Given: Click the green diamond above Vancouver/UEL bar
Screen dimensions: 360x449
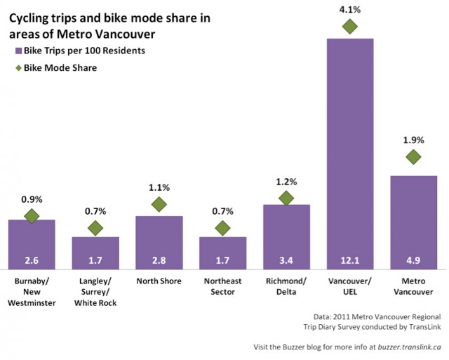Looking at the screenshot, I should pyautogui.click(x=349, y=27).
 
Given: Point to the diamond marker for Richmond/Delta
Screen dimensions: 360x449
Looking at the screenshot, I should pyautogui.click(x=286, y=199).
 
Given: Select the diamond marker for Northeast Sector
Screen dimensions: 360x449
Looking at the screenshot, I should pyautogui.click(x=222, y=228).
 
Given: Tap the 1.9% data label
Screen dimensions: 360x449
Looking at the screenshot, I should pyautogui.click(x=413, y=140).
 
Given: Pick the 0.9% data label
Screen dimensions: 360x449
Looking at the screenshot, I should pyautogui.click(x=31, y=199).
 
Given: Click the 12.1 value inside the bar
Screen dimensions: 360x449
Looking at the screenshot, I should pyautogui.click(x=349, y=261).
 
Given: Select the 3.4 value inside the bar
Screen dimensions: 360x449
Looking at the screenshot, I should pyautogui.click(x=286, y=261).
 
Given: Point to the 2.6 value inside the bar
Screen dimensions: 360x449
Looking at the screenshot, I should pyautogui.click(x=31, y=261).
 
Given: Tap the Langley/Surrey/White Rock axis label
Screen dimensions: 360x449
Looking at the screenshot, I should pyautogui.click(x=95, y=291).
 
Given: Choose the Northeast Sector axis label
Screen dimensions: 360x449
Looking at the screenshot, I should pyautogui.click(x=222, y=286).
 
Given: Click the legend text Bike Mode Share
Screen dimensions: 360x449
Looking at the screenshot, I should pyautogui.click(x=60, y=68).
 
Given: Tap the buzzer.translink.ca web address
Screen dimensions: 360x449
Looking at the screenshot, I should pyautogui.click(x=406, y=347).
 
